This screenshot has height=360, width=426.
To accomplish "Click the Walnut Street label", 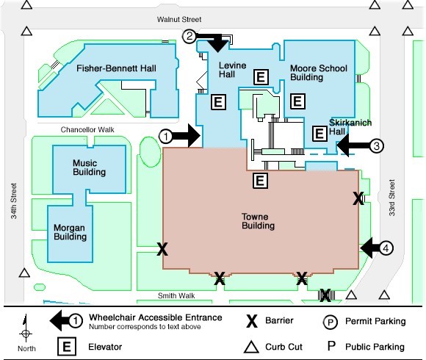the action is coord(179,19).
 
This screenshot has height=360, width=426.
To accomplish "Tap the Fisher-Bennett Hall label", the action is coord(116,68).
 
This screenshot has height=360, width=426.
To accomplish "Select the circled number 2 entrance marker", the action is coord(189,36).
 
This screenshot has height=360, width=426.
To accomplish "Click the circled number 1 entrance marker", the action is coord(166,137).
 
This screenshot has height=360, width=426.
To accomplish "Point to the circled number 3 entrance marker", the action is coord(377,145).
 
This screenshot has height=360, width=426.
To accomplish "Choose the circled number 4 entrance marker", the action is coord(386,248).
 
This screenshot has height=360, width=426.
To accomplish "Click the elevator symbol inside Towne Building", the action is coord(260,181).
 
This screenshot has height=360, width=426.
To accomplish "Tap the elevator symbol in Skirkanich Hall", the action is coord(319,134).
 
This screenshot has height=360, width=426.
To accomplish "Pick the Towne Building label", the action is coord(258,221).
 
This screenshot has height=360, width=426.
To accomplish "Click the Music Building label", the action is coord(89,168).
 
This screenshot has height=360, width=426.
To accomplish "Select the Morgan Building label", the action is coord(70,232).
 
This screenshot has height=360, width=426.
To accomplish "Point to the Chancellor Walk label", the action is coord(87,129).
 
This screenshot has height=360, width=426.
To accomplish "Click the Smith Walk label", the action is coord(176,295).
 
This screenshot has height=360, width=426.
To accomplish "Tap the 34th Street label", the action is coord(13,201).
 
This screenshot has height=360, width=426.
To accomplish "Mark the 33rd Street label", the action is coord(391,198).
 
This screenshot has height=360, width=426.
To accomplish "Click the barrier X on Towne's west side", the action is coord(162,249).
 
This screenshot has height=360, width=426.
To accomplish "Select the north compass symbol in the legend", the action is coord(26,328).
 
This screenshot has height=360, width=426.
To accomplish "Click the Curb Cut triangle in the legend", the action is coord(251,348).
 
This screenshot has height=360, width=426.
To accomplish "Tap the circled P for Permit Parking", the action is coord(330,323).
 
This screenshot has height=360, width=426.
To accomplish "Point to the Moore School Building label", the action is coord(319,73).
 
